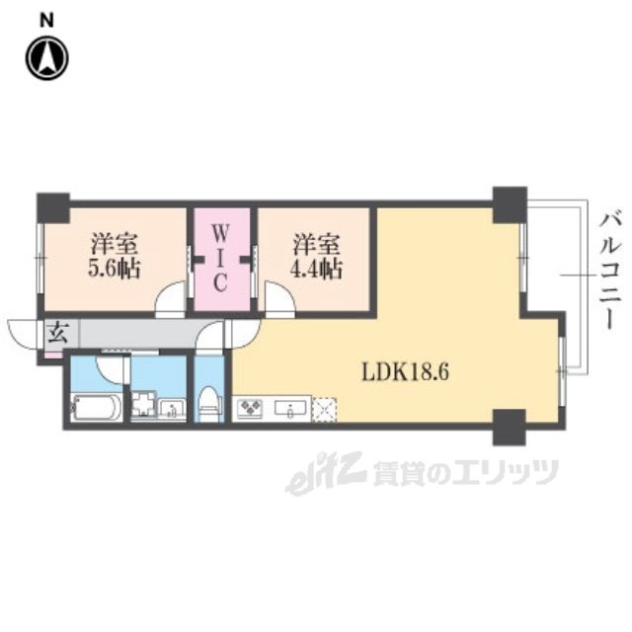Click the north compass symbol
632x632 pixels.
[46, 58]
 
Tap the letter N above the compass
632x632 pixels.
[46, 19]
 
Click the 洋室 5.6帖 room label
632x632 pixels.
[114, 255]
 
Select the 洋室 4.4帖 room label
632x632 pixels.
[316, 255]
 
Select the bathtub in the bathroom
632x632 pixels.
[97, 407]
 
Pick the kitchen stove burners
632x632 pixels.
[249, 407]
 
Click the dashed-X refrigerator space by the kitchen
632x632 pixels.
[325, 408]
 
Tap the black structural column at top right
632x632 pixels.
[510, 203]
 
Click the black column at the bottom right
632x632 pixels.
[510, 426]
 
